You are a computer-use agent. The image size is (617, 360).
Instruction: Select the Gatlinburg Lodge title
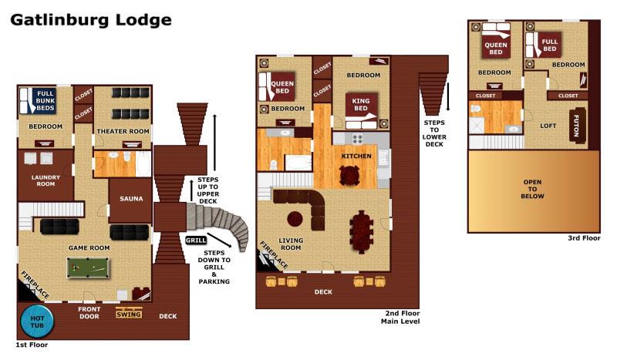pyautogui.click(x=90, y=19)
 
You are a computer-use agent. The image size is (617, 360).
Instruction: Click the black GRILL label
pyautogui.click(x=195, y=241)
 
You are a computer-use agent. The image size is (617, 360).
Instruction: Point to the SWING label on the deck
pyautogui.click(x=129, y=314)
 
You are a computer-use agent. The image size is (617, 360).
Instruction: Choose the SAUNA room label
pyautogui.click(x=131, y=199)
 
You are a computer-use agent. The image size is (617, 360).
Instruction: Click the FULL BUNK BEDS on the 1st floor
pyautogui.click(x=46, y=101)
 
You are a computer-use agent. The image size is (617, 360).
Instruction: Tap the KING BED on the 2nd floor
pyautogui.click(x=360, y=105)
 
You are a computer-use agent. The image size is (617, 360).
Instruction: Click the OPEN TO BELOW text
pyautogui.click(x=533, y=189)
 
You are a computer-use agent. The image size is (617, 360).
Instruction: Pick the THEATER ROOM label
pyautogui.click(x=122, y=131)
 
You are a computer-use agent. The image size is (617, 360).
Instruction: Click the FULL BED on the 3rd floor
pyautogui.click(x=550, y=46)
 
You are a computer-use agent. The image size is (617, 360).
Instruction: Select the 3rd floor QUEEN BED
pyautogui.click(x=494, y=48)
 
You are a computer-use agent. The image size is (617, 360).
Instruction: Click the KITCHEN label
pyautogui.click(x=357, y=156)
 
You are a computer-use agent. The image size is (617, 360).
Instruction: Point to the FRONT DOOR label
pyautogui.click(x=89, y=312)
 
